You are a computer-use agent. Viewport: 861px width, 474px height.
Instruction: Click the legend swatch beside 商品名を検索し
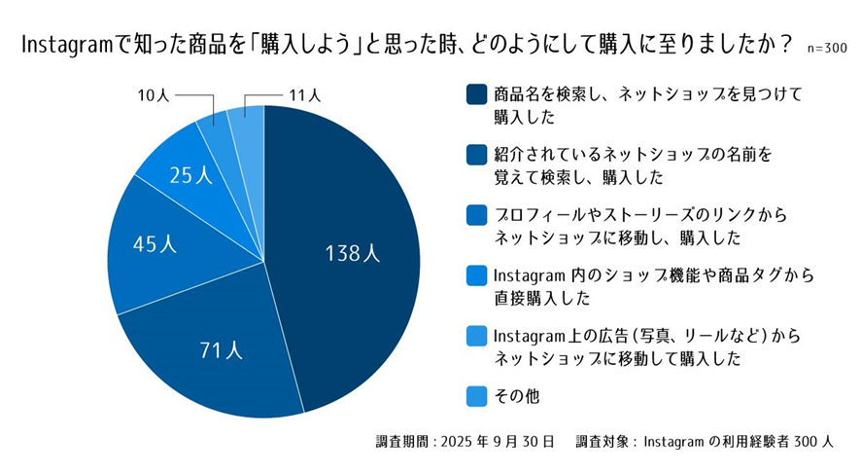pos(476,95)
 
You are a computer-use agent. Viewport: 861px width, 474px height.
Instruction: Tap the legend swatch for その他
pos(476,395)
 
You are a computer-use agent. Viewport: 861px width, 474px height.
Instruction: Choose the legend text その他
pos(516,395)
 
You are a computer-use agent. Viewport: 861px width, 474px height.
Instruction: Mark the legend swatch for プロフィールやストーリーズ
pos(476,215)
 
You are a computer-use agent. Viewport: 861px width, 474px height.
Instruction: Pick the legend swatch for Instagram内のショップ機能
pos(476,275)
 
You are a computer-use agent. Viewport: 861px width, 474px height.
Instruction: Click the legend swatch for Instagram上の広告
pos(476,336)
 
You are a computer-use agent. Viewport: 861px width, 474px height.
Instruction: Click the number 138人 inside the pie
pos(352,254)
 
